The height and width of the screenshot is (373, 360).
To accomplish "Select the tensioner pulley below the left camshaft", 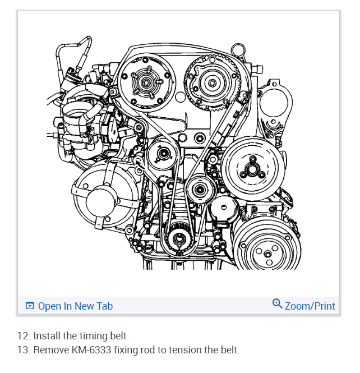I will [163, 153].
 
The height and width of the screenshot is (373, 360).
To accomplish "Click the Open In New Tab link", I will [75, 306].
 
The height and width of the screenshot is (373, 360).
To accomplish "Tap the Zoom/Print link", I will [310, 306].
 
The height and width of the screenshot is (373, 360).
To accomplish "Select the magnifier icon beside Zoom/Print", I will [277, 304].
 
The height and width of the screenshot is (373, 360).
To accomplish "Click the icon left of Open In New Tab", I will [30, 306].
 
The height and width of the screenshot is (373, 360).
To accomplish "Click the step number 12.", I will [23, 336].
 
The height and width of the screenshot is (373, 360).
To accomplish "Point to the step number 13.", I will [23, 350].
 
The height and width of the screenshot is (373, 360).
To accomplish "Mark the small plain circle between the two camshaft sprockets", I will [179, 96].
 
